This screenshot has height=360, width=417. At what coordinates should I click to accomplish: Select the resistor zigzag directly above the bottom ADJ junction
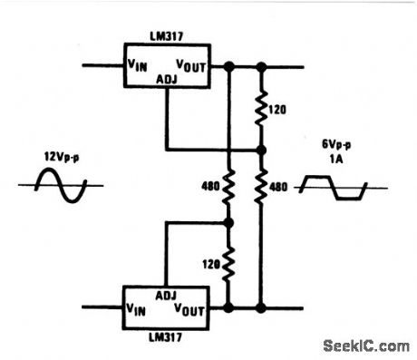click(228, 186)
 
